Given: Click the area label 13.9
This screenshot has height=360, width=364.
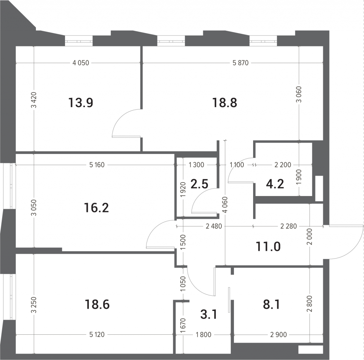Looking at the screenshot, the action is click(81, 103).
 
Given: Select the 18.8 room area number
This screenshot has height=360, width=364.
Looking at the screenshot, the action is click(225, 103).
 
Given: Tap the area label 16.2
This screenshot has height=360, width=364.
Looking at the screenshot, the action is click(96, 208).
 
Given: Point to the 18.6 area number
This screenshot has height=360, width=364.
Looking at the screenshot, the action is click(97, 304).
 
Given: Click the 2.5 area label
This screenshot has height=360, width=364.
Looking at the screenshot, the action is click(199, 184).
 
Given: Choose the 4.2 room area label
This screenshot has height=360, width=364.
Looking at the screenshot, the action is click(275, 184).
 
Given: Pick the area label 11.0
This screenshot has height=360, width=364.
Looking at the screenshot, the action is click(268, 247).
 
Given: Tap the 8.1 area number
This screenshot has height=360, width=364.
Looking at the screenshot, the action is click(271, 304).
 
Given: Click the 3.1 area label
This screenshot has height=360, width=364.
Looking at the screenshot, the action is click(208, 315).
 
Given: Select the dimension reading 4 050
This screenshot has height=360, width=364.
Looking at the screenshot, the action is click(81, 63).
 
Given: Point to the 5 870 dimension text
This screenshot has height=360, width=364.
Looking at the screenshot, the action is click(241, 63).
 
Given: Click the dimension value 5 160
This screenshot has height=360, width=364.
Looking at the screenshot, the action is click(97, 165).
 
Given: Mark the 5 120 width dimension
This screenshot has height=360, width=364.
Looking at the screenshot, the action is click(97, 335).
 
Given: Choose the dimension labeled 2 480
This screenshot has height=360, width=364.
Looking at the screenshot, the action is click(214, 226).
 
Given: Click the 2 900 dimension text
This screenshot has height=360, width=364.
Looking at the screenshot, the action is click(279, 335).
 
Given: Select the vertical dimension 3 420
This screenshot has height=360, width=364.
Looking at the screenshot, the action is click(34, 100).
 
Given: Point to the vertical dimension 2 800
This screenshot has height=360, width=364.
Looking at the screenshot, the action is click(311, 304).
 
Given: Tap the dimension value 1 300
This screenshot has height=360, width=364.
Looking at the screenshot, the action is click(196, 165).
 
